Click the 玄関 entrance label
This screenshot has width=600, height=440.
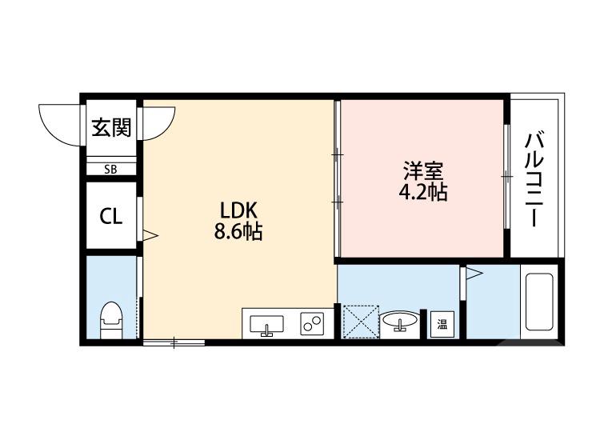(x=110, y=128)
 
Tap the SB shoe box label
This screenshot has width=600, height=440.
(x=110, y=169)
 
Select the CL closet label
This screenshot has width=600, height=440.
(x=110, y=217)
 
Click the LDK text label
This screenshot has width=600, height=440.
(x=238, y=210)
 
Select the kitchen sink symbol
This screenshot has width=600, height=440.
(x=266, y=325)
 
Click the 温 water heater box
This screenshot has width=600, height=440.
(x=442, y=324)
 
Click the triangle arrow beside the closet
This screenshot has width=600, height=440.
(x=149, y=235)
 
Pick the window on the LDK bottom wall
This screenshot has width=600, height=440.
(x=174, y=343)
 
